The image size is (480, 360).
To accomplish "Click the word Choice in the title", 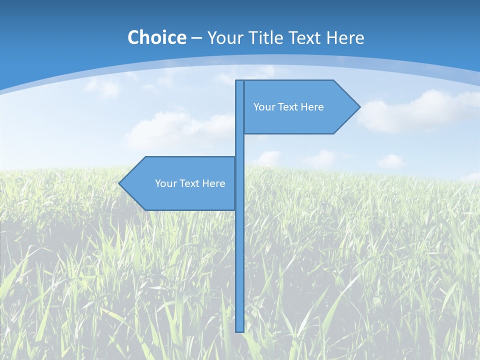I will (156, 37).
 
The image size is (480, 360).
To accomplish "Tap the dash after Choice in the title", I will (196, 38).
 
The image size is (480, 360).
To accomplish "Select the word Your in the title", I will (225, 38).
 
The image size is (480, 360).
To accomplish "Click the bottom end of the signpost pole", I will (239, 330).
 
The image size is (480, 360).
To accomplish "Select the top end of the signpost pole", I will (239, 82).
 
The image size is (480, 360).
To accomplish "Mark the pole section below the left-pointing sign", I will (239, 270).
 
